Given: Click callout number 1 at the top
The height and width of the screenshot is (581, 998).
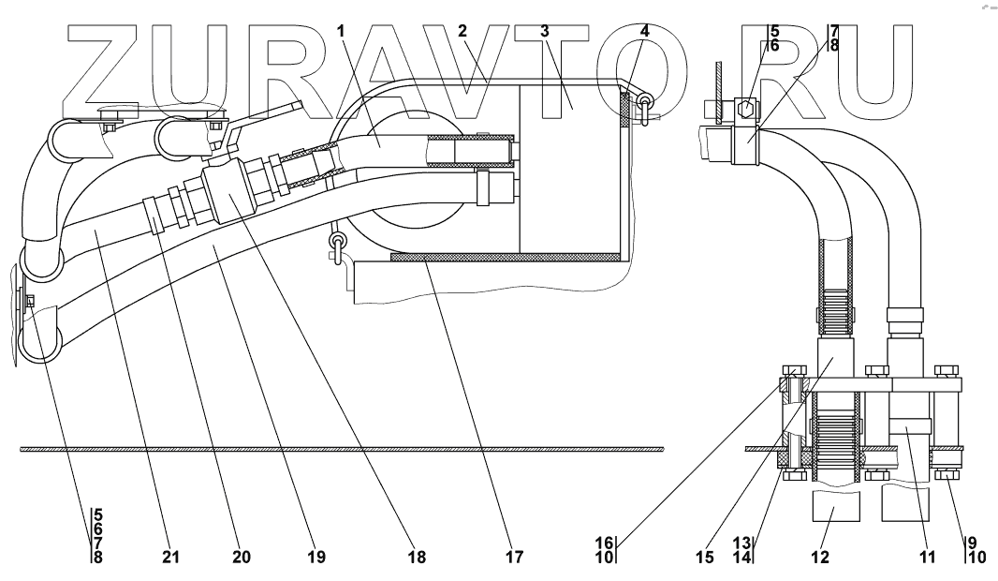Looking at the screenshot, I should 342,31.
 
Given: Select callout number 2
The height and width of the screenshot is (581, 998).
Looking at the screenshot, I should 462,31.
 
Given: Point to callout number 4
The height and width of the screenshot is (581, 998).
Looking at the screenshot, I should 644,31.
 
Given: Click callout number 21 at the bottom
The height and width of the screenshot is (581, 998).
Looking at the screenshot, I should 169,557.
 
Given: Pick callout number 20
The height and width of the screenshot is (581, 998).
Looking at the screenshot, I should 242,557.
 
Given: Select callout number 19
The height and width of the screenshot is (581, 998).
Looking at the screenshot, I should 316,557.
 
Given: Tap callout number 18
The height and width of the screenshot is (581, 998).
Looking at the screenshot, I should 416,557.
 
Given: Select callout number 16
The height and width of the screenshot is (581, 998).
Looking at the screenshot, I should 604,542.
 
